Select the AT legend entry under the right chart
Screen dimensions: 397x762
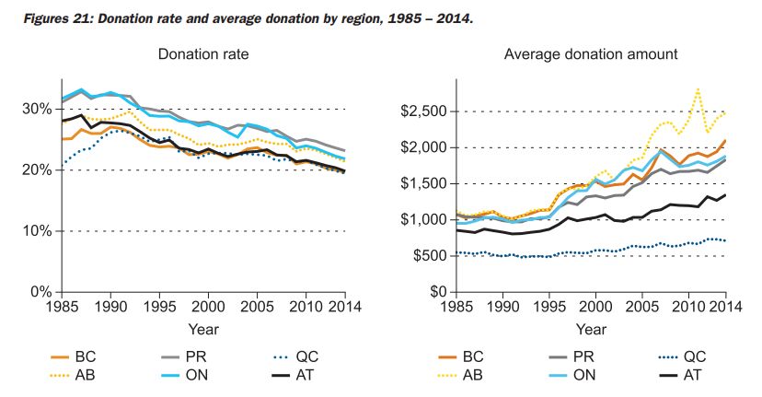[687, 374]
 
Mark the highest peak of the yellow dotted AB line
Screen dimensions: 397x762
[698, 89]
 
